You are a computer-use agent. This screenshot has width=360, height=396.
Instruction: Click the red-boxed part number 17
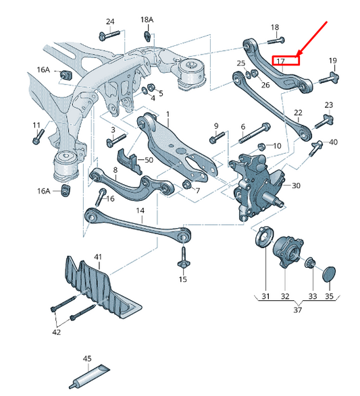(x=281, y=61)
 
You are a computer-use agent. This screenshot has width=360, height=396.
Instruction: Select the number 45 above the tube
(x=87, y=358)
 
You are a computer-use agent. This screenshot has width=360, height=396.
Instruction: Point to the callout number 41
(x=98, y=258)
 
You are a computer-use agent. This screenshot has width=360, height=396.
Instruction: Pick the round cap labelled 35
(x=329, y=273)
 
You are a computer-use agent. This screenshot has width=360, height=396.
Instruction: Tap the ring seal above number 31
(x=263, y=240)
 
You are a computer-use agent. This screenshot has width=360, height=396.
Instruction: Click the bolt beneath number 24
(x=109, y=35)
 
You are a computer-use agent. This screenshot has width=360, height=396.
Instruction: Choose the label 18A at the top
(x=147, y=20)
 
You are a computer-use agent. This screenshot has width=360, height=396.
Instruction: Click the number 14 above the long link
(x=140, y=210)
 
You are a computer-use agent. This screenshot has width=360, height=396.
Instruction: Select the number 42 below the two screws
(x=57, y=332)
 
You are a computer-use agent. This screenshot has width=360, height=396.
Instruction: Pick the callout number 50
(x=149, y=160)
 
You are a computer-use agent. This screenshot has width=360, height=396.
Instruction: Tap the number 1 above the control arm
(x=168, y=115)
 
